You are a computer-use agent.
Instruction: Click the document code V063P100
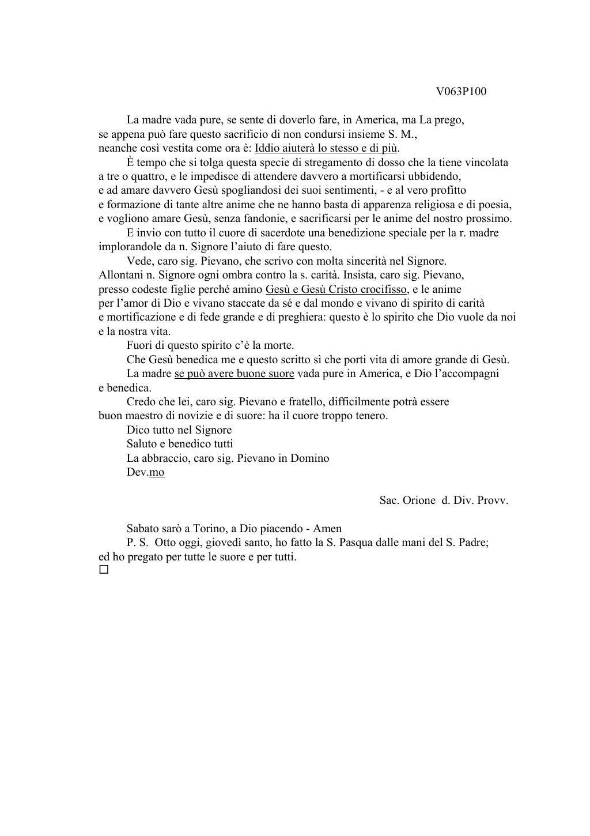click(461, 92)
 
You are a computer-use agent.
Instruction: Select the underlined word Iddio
click(267, 148)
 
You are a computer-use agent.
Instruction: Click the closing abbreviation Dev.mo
click(145, 472)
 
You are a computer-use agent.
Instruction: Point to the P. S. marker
click(138, 543)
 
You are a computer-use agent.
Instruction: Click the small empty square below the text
click(104, 570)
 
